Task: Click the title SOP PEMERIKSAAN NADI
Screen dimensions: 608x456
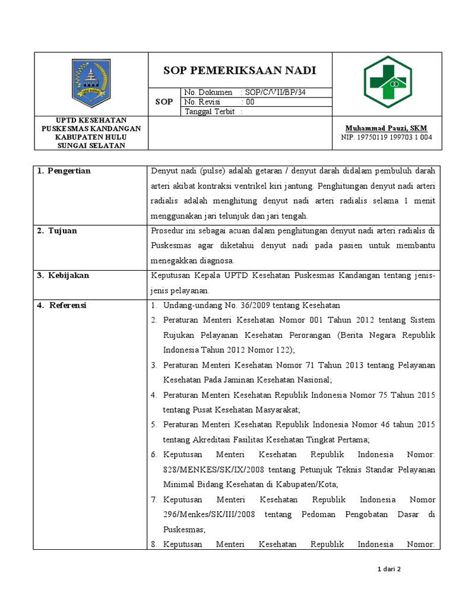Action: tap(240, 71)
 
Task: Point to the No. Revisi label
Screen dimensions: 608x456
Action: tap(202, 102)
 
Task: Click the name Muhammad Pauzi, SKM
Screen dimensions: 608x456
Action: tap(387, 128)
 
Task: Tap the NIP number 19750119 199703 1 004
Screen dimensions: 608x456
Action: tap(387, 137)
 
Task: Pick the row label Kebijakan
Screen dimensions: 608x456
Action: tap(67, 275)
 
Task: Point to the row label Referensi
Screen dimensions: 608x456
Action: tap(66, 305)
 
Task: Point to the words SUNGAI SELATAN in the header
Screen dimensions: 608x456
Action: tap(91, 146)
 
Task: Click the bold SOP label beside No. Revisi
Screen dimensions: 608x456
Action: tap(164, 102)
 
